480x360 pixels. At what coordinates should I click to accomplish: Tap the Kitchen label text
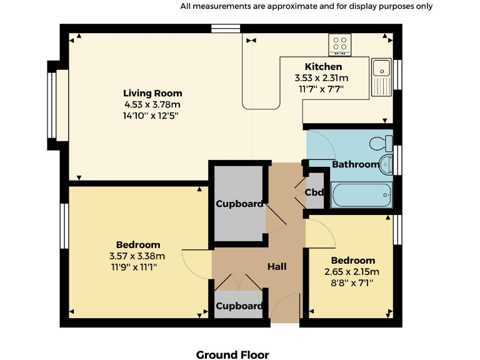pos(323,67)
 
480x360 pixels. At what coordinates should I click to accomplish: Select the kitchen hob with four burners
pos(340,44)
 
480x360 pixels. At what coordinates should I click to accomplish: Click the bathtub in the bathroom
pos(362,195)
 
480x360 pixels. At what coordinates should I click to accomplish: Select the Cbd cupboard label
pos(314,192)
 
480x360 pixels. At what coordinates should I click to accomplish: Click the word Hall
pos(277,267)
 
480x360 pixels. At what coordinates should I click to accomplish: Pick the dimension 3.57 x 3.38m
pos(137,256)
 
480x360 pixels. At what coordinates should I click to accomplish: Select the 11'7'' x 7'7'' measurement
pos(321,89)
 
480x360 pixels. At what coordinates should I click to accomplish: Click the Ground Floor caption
pos(232,355)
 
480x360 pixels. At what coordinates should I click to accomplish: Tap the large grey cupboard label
pos(239,204)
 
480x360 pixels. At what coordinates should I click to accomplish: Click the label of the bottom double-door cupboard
pos(239,306)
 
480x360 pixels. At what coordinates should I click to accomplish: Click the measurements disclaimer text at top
pos(306,6)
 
